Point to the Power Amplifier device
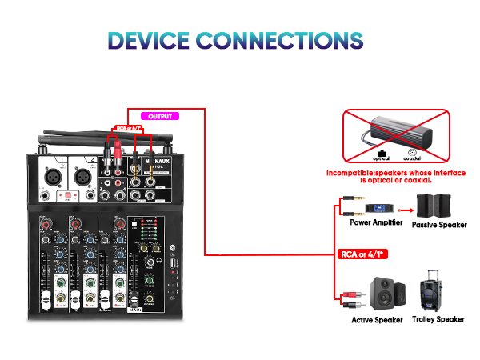379,209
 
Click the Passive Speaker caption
438,225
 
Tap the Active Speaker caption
378,320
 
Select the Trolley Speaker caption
438,320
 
